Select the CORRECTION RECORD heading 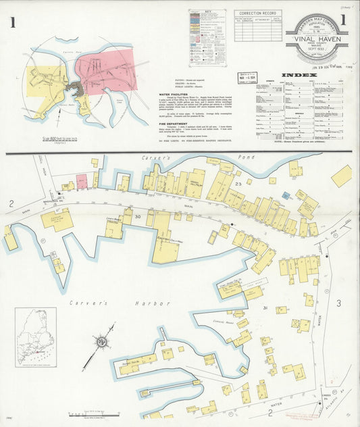(258, 13)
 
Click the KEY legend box (207, 37)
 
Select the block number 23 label (238, 184)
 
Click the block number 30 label (137, 216)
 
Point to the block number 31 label (265, 308)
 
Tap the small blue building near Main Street (286, 196)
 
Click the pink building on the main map (81, 182)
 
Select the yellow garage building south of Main (58, 220)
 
